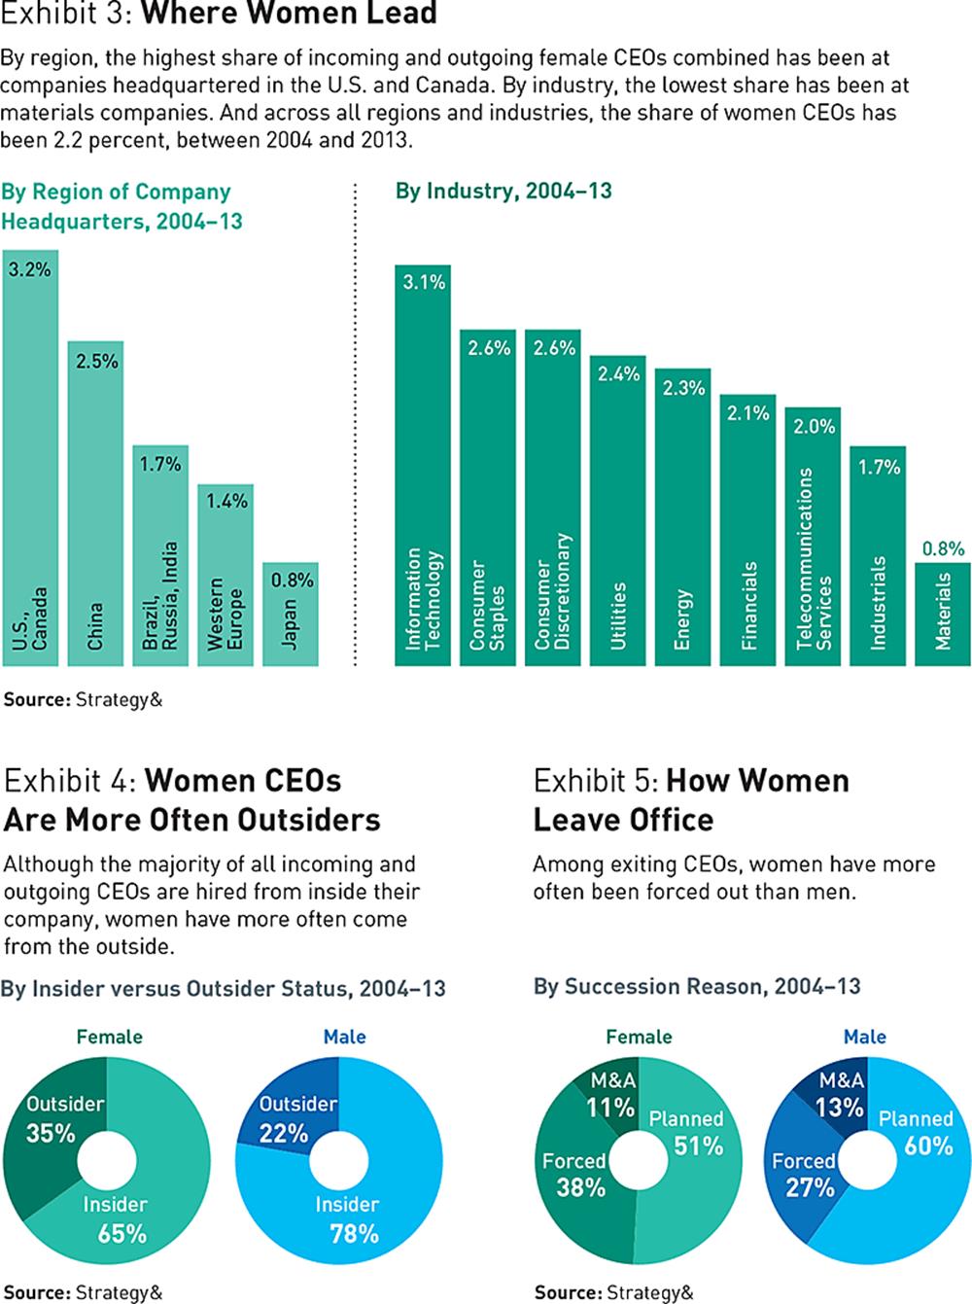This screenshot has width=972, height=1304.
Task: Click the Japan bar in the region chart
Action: click(290, 615)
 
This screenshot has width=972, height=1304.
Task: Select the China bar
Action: click(95, 506)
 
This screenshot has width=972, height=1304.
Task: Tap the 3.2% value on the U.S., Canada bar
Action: click(30, 269)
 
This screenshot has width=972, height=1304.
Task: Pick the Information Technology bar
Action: click(423, 467)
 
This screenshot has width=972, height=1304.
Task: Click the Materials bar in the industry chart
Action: click(942, 615)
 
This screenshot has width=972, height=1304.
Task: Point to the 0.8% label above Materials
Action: click(943, 548)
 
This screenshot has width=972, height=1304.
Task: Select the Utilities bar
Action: click(617, 511)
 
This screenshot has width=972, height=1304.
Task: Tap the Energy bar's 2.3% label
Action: click(683, 388)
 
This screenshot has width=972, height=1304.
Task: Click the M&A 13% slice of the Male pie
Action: click(839, 1094)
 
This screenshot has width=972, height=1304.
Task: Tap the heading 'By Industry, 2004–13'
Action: click(503, 191)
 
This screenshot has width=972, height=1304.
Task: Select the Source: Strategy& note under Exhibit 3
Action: click(83, 698)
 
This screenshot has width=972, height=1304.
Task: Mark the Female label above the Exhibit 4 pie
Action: click(109, 1037)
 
